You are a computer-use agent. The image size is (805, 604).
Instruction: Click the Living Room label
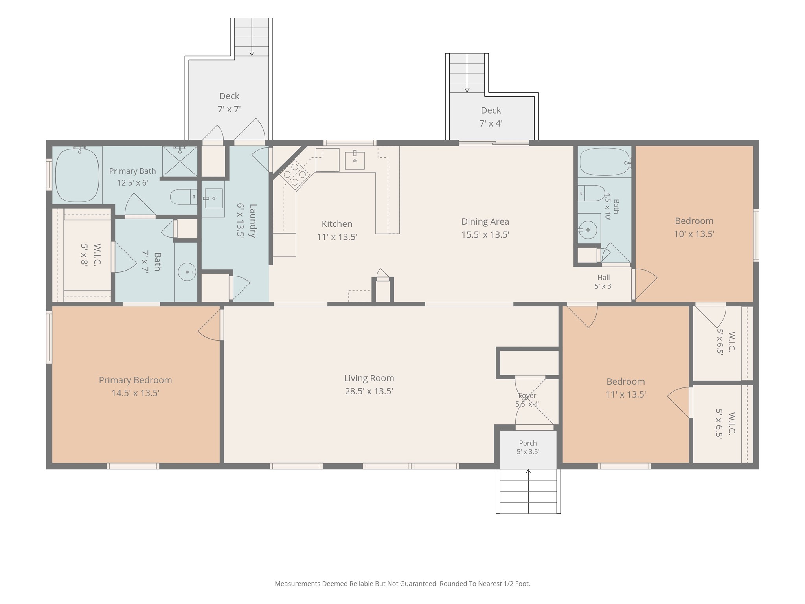(369, 378)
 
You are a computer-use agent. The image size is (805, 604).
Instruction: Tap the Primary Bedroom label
(135, 380)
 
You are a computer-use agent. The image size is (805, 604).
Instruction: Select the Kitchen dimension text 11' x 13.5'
(337, 237)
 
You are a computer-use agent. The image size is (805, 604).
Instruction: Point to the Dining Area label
(485, 221)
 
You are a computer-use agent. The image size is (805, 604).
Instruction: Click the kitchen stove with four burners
(295, 174)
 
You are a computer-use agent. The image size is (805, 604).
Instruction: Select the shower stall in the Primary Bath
(180, 161)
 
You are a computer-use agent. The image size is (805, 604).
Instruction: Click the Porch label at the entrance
(528, 443)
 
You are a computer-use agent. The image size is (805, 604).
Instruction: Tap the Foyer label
(527, 396)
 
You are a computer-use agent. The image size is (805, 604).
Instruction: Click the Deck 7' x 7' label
(229, 103)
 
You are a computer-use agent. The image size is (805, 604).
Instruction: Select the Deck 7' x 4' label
(491, 117)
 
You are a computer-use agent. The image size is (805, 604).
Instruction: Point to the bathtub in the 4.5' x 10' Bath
(605, 162)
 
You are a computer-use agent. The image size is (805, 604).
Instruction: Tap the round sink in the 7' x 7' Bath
(187, 272)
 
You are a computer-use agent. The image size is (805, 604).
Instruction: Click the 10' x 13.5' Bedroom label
(694, 227)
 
